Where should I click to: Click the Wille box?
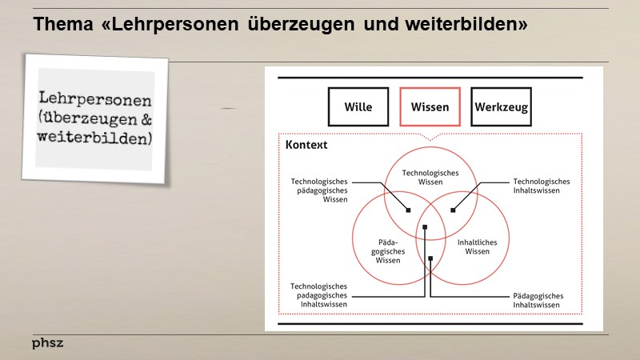pyautogui.click(x=358, y=107)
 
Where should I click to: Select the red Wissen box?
pyautogui.click(x=430, y=107)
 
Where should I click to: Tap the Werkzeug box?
pyautogui.click(x=501, y=107)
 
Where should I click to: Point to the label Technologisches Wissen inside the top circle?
pyautogui.click(x=430, y=177)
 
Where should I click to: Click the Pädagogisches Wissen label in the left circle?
pyautogui.click(x=388, y=250)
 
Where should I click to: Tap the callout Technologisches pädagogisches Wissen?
pyautogui.click(x=319, y=190)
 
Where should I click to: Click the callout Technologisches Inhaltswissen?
pyautogui.click(x=542, y=186)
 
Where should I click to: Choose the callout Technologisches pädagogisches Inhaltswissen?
pyautogui.click(x=318, y=295)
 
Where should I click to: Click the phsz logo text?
pyautogui.click(x=47, y=343)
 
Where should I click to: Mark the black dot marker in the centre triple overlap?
pyautogui.click(x=426, y=227)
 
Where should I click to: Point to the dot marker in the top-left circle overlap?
pyautogui.click(x=408, y=210)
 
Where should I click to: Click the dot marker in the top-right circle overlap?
pyautogui.click(x=452, y=210)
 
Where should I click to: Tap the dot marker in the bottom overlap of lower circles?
pyautogui.click(x=430, y=258)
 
